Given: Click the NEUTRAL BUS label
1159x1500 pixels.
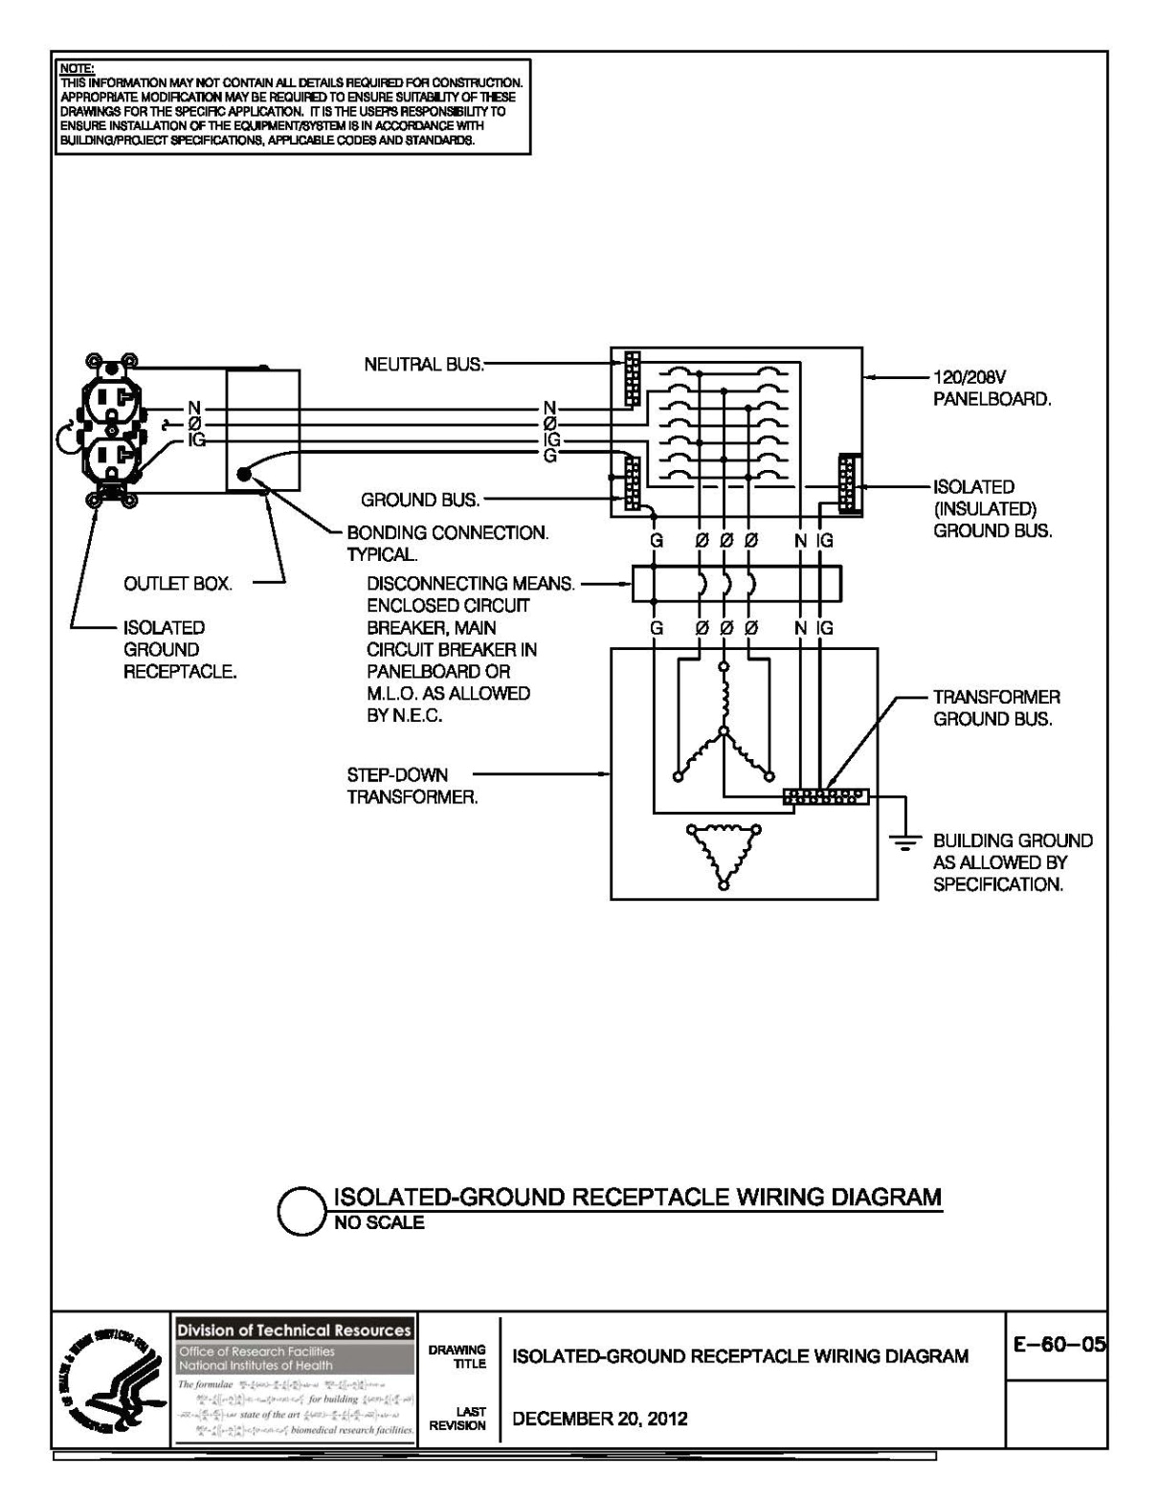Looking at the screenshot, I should (x=424, y=365).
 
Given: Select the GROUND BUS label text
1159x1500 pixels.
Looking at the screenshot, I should (x=420, y=500).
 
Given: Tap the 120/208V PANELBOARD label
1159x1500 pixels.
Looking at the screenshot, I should (x=992, y=389).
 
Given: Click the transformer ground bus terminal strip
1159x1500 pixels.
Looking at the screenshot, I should (x=825, y=796).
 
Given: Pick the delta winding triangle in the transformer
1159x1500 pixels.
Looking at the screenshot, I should (x=723, y=854).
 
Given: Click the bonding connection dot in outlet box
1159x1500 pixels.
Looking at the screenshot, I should (x=245, y=474).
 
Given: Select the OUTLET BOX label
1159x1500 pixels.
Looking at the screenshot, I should (x=177, y=584).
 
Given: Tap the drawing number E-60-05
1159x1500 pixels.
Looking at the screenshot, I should (x=1059, y=1345).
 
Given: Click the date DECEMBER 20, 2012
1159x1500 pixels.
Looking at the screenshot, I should (x=600, y=1419).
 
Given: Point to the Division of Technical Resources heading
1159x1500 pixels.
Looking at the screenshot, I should (x=294, y=1330).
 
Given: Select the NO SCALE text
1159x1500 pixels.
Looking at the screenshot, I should (x=379, y=1222).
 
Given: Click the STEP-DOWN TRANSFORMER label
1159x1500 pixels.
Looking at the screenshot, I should (x=412, y=786).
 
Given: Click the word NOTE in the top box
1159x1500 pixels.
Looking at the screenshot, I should (x=76, y=69).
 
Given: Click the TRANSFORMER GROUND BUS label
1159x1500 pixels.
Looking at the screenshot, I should (x=996, y=708).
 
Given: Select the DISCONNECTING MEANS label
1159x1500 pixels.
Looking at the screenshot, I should (x=471, y=583).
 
